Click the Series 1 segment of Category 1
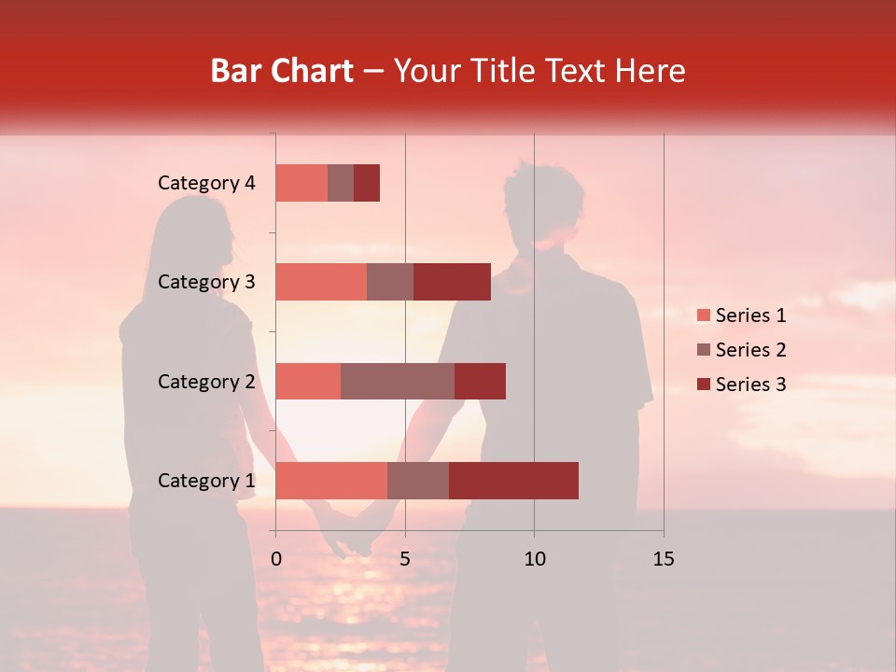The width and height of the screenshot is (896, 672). (331, 481)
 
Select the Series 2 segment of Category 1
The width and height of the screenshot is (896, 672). (418, 481)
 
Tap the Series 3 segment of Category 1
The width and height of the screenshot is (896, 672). (513, 481)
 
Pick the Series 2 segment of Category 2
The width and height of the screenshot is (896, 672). (398, 381)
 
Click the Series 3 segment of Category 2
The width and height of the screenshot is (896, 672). (480, 381)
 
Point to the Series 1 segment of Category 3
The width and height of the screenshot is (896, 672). (321, 282)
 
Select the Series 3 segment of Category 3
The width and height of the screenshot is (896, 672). (452, 282)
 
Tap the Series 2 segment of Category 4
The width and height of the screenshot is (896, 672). (341, 183)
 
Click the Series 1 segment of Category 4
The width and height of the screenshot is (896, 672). (301, 183)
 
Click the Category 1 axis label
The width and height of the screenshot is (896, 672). (206, 481)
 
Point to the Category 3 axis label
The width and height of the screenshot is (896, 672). (206, 282)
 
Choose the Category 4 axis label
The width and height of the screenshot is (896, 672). (206, 183)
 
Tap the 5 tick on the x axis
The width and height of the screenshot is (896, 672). (405, 559)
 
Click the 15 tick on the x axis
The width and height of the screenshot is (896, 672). (664, 559)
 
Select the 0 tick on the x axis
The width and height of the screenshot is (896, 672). (276, 559)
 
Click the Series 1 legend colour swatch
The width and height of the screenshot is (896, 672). (704, 315)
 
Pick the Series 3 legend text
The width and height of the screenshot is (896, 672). (750, 385)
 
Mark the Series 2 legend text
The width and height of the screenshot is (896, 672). (750, 350)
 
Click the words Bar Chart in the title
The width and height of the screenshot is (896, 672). (282, 71)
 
